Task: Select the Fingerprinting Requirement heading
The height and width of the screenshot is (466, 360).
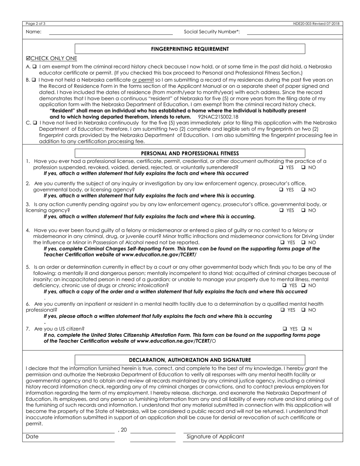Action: click(190, 49)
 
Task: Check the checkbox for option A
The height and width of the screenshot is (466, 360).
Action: click(34, 66)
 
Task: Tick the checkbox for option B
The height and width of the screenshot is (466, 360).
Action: click(34, 80)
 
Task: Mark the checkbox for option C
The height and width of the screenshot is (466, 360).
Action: click(34, 123)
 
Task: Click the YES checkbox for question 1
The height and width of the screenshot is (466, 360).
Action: click(282, 167)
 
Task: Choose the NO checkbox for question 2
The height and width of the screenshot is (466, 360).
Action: click(304, 190)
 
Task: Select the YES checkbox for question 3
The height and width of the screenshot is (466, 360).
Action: click(282, 210)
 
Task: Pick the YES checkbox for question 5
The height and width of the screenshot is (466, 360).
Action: click(285, 285)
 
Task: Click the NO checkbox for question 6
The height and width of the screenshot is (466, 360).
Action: click(304, 310)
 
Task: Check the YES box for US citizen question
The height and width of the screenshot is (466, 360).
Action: click(285, 329)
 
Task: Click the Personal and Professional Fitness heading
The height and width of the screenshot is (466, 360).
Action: click(190, 153)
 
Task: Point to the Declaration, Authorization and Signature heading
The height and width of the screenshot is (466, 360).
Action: click(190, 360)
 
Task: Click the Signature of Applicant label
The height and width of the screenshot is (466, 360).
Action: click(215, 437)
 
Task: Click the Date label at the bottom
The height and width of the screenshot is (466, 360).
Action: click(32, 437)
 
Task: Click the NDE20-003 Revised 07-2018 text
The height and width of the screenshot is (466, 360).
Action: click(316, 23)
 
